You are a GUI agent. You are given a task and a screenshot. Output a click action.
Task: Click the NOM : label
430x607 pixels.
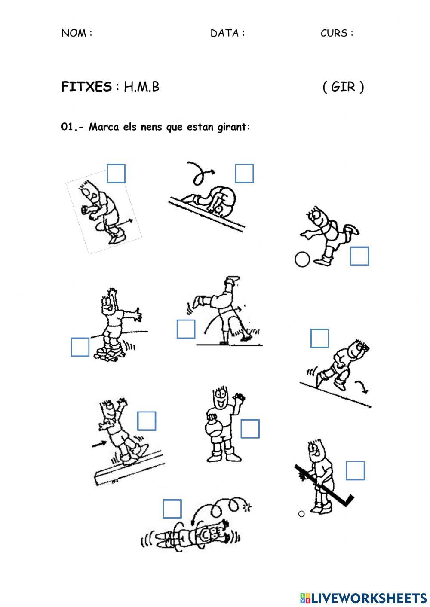[77, 33]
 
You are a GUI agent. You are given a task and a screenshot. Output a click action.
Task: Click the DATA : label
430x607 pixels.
[227, 33]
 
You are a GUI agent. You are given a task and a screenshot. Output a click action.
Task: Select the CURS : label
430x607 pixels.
[337, 33]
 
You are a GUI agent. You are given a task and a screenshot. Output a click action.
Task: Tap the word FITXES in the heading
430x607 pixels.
[86, 87]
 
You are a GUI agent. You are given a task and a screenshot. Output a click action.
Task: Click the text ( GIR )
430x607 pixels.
[343, 87]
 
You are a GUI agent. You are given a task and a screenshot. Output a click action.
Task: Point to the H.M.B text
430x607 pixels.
[141, 87]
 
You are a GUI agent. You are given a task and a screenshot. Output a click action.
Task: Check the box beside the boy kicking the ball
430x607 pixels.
[359, 256]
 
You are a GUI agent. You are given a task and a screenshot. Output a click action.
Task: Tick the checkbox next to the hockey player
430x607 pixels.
[355, 470]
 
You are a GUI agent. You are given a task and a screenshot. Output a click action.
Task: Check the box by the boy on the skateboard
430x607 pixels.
[80, 347]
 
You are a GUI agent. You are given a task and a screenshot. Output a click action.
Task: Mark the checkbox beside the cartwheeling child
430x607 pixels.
[186, 329]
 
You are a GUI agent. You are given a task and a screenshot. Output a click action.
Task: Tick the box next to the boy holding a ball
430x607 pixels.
[250, 429]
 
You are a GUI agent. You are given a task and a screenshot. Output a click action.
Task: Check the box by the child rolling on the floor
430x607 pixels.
[172, 509]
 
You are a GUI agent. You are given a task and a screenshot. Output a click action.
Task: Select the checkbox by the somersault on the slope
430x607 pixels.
[244, 174]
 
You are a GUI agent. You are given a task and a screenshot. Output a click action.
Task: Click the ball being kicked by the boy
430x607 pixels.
[302, 259]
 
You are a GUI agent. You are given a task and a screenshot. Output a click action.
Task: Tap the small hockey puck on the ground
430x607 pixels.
[301, 514]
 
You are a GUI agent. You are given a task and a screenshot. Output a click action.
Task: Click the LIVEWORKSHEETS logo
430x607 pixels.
[363, 598]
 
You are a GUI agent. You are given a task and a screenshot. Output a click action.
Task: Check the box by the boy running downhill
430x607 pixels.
[319, 339]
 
